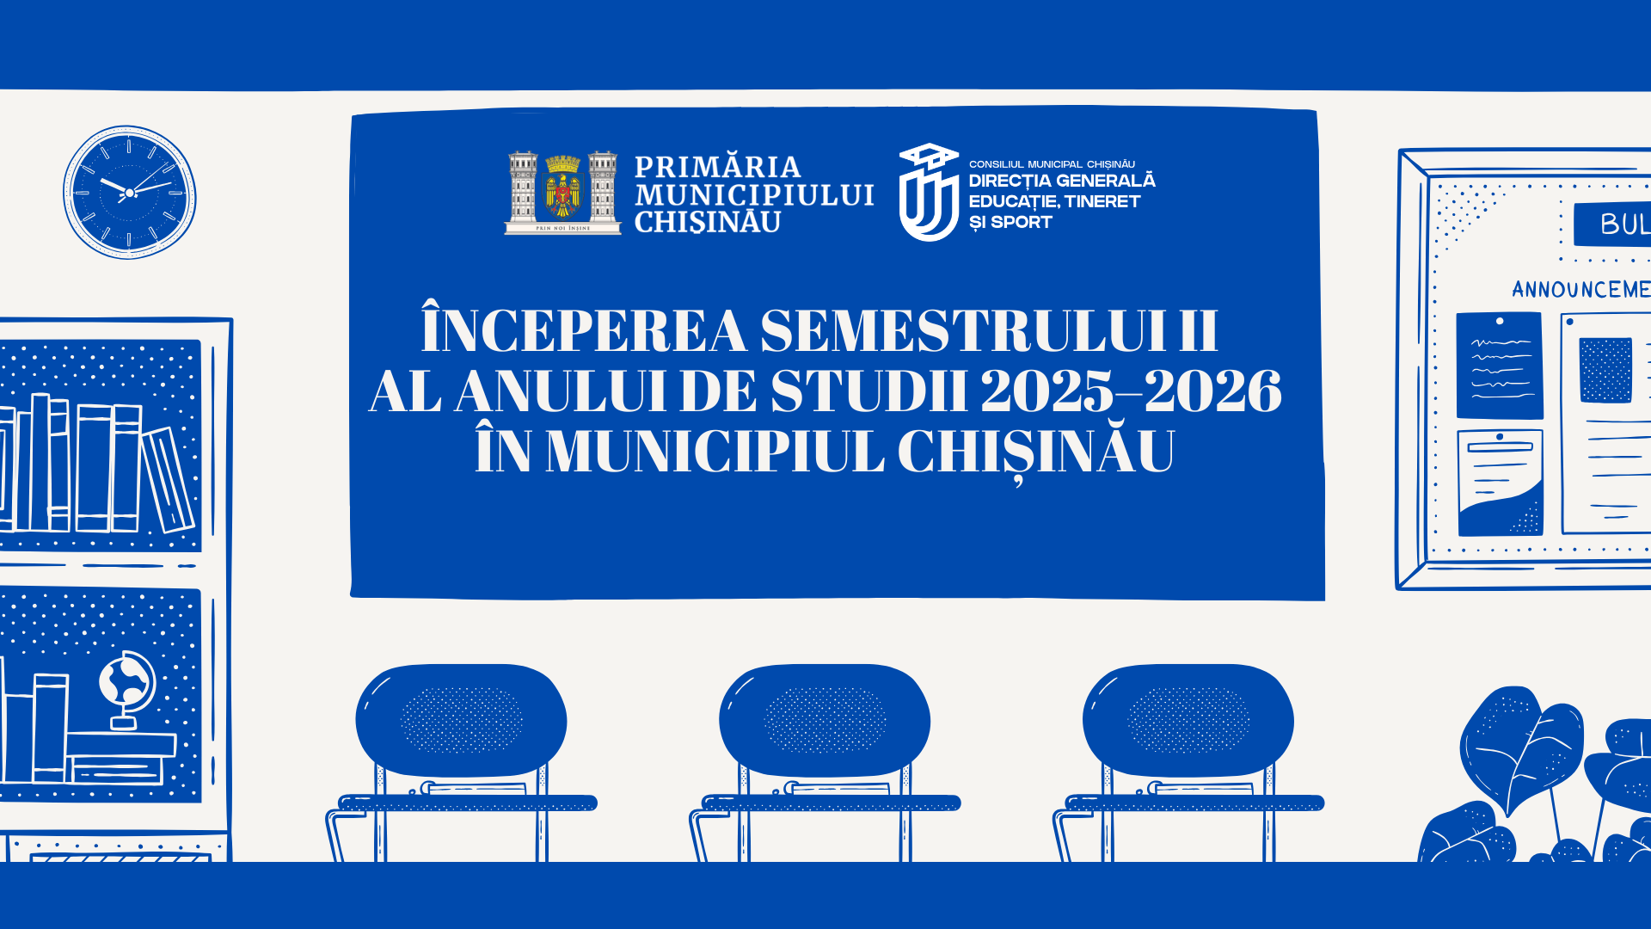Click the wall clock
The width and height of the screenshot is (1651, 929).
[129, 193]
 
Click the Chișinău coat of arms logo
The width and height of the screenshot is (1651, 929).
[562, 193]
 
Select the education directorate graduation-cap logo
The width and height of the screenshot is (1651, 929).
[928, 193]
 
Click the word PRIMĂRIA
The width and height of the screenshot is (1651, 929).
[717, 166]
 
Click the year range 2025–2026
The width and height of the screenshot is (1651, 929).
[1130, 392]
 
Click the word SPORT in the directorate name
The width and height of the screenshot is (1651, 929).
[1021, 223]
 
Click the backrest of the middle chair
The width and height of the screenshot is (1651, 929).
[825, 719]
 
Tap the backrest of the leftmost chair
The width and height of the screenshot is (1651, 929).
[461, 719]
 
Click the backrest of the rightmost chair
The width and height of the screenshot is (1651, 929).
[1188, 719]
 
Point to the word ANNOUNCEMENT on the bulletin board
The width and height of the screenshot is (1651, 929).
[1580, 289]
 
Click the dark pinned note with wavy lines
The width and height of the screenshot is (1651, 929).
[1499, 366]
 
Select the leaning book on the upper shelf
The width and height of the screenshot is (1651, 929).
[168, 480]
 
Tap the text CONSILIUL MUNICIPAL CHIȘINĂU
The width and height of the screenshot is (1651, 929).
[1052, 164]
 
